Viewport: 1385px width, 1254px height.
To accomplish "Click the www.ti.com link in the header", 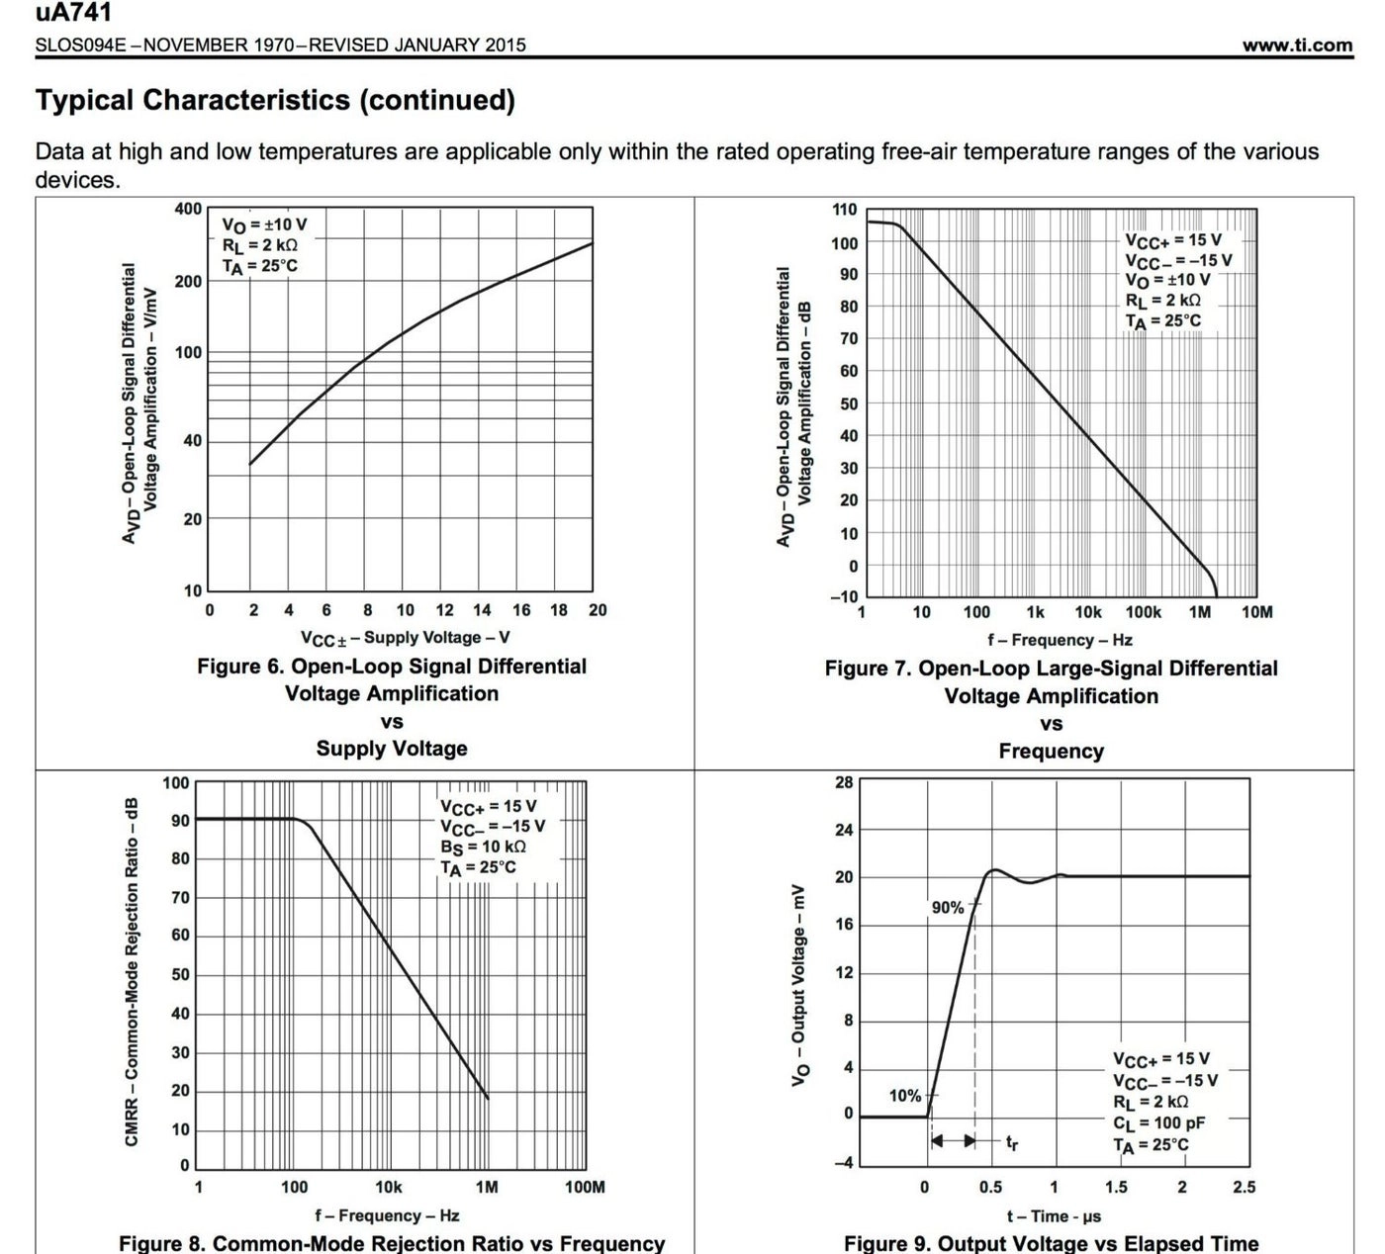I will click(1297, 45).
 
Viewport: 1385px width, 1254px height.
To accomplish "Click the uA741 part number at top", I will click(73, 13).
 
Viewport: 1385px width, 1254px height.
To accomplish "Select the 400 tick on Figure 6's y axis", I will click(188, 209).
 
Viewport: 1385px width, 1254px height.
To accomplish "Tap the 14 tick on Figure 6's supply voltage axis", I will click(482, 610).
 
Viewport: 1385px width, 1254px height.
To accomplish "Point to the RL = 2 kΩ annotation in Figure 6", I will click(259, 245).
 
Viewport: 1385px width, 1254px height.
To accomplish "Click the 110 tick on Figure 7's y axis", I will click(844, 210).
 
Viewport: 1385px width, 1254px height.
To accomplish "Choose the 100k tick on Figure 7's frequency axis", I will click(1144, 612).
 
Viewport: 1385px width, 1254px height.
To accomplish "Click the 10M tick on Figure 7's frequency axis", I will click(1256, 612).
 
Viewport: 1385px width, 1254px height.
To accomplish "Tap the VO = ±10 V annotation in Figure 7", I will click(1167, 280).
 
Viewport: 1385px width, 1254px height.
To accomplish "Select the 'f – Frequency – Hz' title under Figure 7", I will click(1060, 640).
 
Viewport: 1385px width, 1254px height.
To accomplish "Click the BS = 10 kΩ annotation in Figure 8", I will click(483, 847).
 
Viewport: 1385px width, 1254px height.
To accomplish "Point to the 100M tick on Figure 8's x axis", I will click(585, 1187).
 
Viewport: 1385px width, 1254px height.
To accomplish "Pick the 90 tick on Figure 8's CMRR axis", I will click(180, 821).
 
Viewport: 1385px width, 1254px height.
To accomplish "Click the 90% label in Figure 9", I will click(947, 908).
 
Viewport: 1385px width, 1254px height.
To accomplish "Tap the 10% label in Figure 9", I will click(904, 1096).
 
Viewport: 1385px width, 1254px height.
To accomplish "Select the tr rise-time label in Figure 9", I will click(1012, 1143).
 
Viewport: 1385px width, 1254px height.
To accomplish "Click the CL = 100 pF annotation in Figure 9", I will click(1158, 1123).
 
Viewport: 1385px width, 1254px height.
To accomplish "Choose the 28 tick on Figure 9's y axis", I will click(844, 782).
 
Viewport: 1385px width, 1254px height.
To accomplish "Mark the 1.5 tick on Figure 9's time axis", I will click(1116, 1187).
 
